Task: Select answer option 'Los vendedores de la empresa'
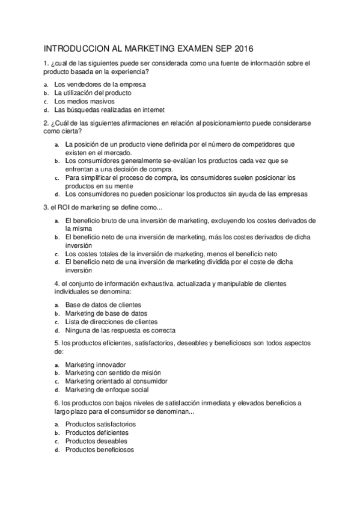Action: (100, 84)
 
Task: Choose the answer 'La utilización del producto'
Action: (93, 93)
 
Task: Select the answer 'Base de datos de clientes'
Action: (103, 305)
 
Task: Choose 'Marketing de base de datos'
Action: (106, 313)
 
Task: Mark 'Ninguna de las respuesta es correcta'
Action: (120, 330)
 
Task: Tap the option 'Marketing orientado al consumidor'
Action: (116, 381)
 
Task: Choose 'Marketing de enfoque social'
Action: (106, 390)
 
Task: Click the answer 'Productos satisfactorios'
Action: (100, 424)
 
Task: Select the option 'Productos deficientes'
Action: (96, 432)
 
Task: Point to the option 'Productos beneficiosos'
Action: (100, 449)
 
